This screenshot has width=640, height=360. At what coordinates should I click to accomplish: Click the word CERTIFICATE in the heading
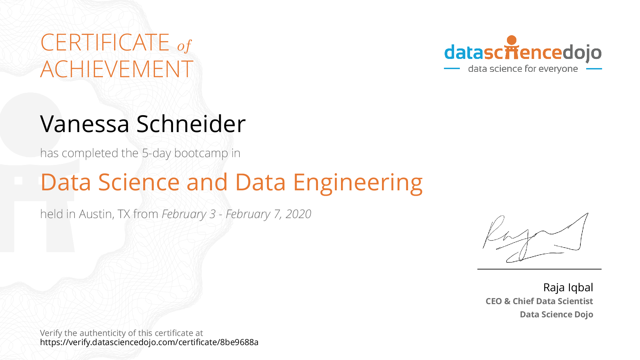click(105, 43)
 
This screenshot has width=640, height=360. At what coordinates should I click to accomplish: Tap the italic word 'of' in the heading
click(185, 45)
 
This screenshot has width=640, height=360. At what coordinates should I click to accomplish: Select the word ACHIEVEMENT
click(117, 69)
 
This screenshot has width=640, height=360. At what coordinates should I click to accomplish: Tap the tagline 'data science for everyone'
click(523, 69)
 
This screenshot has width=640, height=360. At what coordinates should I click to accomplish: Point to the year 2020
click(298, 214)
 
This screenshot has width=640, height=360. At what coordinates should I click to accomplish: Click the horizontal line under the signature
click(539, 269)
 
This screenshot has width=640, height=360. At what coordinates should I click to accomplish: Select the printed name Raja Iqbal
click(568, 288)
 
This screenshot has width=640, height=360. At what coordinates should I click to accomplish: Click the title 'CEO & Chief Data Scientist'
click(539, 301)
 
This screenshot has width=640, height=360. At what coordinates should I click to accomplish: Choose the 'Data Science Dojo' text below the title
click(556, 315)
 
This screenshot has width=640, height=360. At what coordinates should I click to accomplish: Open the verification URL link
click(149, 342)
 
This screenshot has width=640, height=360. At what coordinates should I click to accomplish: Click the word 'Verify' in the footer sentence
click(51, 333)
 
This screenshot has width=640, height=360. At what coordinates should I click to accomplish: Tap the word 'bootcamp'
click(201, 153)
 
